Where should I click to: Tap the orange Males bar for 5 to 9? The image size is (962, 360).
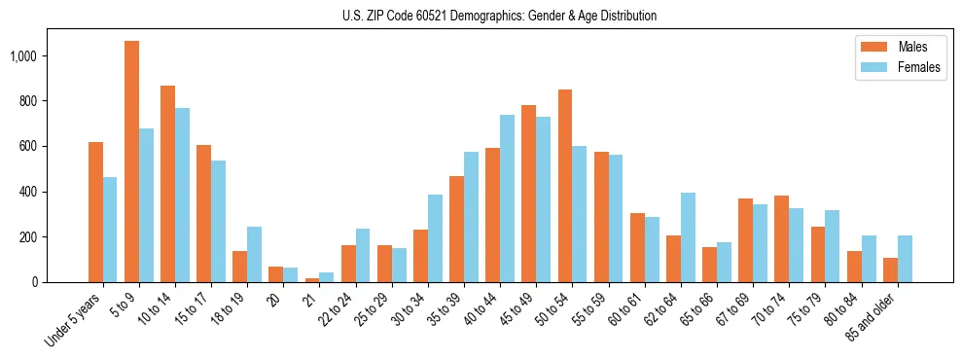131,162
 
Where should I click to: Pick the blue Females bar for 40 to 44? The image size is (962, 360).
507,198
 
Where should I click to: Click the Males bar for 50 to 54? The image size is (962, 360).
564,186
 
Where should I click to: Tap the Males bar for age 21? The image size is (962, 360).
312,279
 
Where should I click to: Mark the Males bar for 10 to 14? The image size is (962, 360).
167,184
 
